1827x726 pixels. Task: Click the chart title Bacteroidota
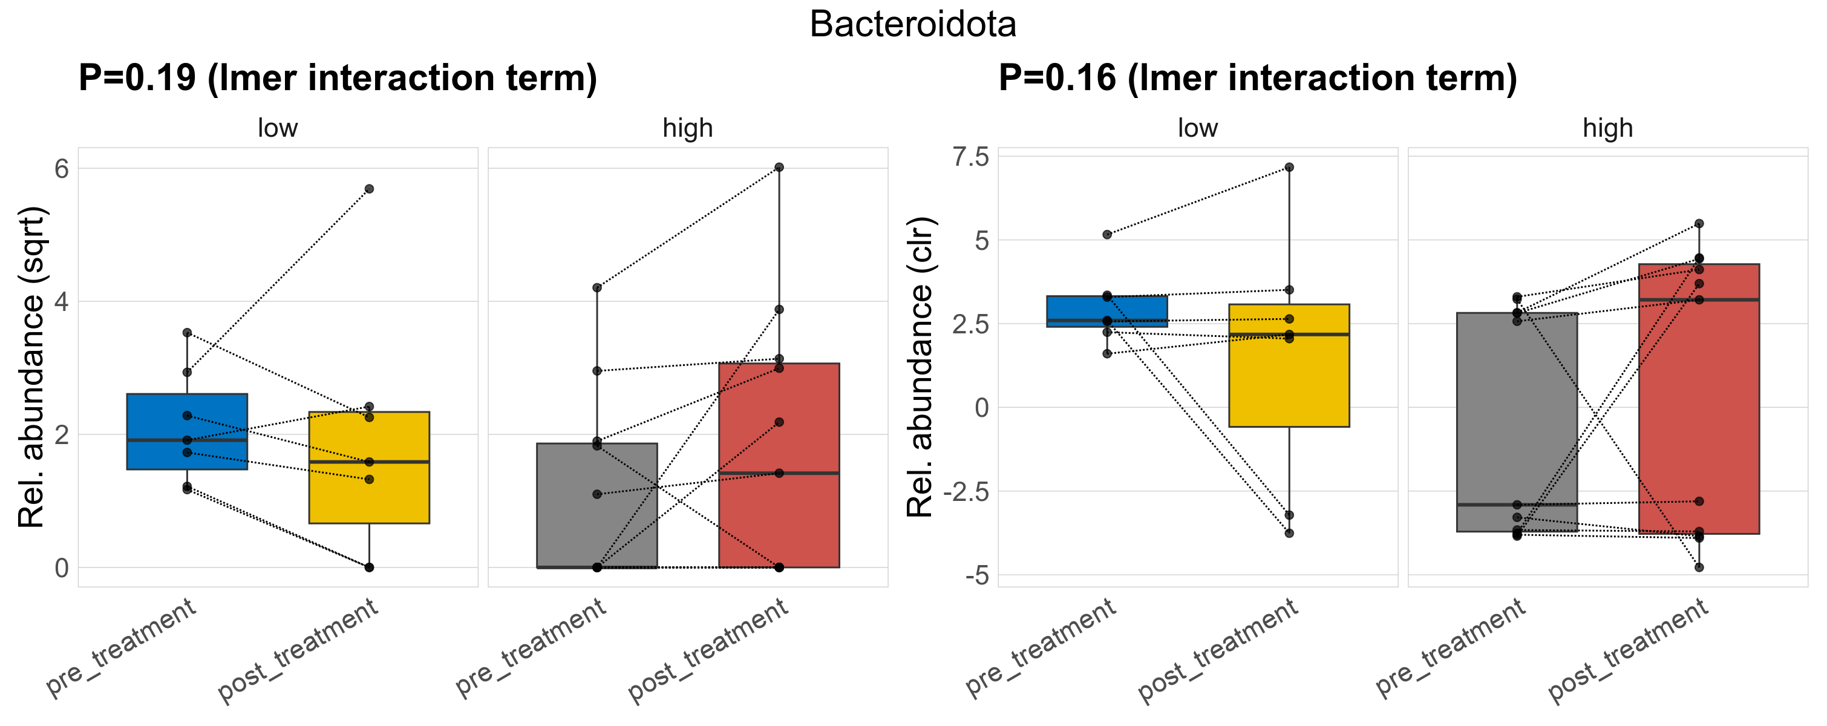point(913,25)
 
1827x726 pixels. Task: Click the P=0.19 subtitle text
point(338,78)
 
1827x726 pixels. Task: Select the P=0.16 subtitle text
point(1258,78)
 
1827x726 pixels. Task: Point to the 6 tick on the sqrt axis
point(62,169)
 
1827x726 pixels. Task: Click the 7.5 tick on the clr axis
point(971,157)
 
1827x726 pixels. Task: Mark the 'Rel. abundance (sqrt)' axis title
point(31,367)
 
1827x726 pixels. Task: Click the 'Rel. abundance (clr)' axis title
point(921,367)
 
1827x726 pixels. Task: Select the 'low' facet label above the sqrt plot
point(277,128)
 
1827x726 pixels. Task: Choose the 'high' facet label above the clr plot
point(1608,128)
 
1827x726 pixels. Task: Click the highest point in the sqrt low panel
point(369,189)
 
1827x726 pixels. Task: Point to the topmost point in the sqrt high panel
point(779,168)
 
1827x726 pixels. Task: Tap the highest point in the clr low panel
point(1289,168)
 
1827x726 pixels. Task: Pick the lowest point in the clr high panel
point(1699,567)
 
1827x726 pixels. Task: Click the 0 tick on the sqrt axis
point(62,568)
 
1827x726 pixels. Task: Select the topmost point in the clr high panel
point(1699,223)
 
